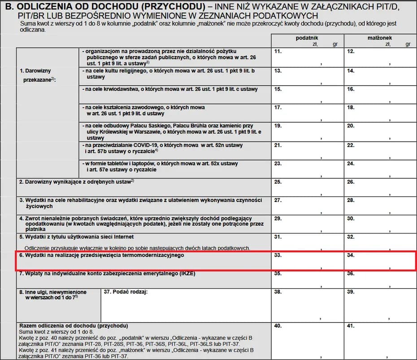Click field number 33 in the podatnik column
point(307,261)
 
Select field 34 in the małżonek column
point(380,261)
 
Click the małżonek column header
point(380,38)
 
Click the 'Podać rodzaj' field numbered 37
point(186,305)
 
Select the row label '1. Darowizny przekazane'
point(36,75)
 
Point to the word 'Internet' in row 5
point(122,237)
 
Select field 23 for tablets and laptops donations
point(307,169)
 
